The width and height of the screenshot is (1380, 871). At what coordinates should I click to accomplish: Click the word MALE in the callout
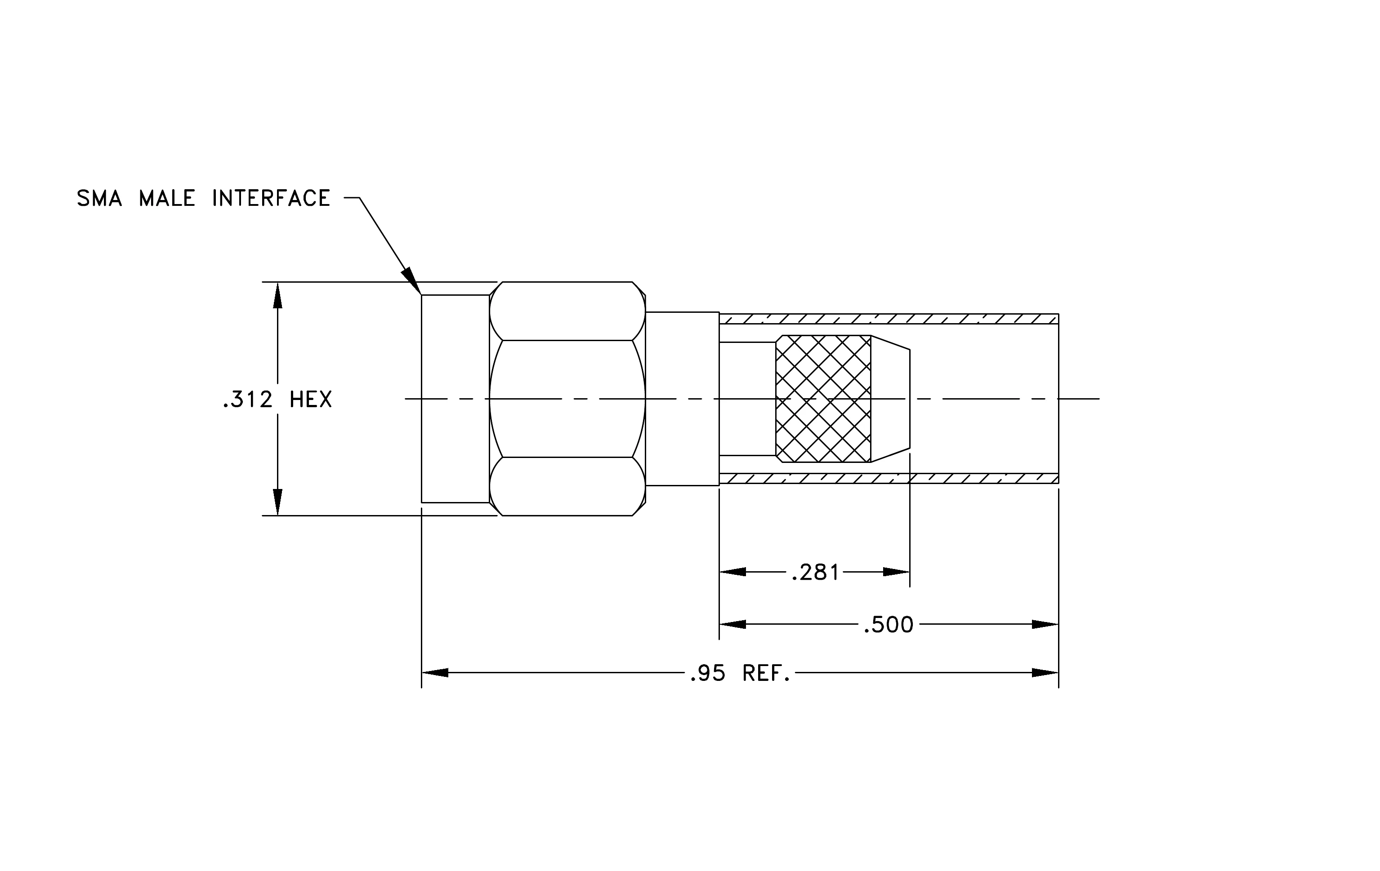click(167, 198)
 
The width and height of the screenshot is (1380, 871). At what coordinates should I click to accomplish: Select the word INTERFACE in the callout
click(271, 198)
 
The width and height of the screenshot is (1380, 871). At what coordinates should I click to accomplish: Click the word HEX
click(311, 399)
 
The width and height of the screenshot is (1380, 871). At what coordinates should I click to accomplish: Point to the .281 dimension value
click(815, 572)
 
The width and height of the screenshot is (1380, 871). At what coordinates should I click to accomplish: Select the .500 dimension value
click(888, 624)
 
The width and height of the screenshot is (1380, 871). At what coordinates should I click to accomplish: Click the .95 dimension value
click(708, 673)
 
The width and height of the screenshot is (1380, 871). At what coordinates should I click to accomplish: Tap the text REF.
click(766, 673)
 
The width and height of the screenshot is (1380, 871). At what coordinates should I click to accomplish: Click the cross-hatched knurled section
click(823, 399)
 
